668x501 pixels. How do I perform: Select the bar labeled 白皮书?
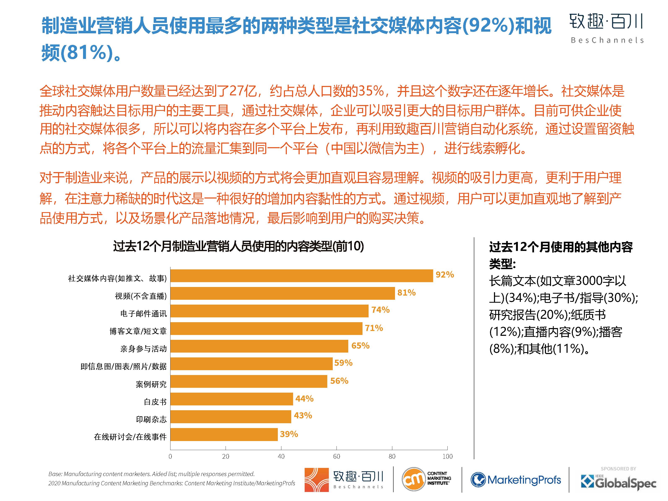[232, 399]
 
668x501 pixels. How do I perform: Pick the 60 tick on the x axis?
[337, 456]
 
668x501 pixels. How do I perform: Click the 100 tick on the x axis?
[447, 456]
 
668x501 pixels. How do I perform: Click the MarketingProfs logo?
[516, 480]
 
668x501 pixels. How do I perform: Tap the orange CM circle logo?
[413, 479]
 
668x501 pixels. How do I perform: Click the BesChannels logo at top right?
[606, 28]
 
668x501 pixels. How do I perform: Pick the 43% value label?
[303, 415]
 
